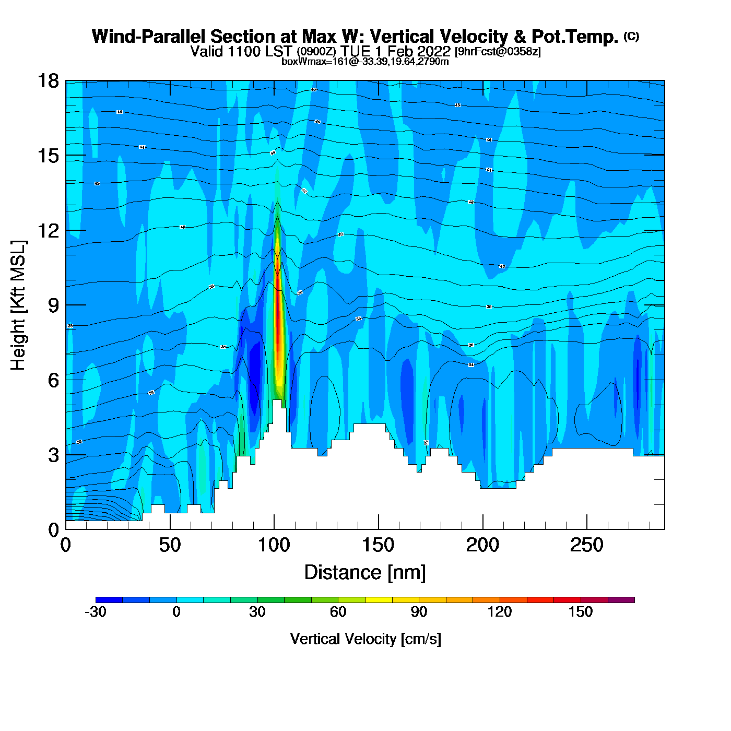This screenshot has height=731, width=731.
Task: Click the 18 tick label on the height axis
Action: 48,81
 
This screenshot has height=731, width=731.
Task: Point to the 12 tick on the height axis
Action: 48,230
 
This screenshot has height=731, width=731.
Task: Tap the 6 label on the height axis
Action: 53,380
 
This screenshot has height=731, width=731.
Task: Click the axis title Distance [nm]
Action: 365,573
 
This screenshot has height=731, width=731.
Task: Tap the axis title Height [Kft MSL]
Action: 18,305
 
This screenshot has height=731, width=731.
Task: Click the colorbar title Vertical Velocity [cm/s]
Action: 365,639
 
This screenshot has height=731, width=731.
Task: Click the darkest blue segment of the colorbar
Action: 109,600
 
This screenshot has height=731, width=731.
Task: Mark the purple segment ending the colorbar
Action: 621,600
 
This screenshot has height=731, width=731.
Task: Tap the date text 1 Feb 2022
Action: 412,51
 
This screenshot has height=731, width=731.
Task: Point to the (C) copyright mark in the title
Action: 631,36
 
